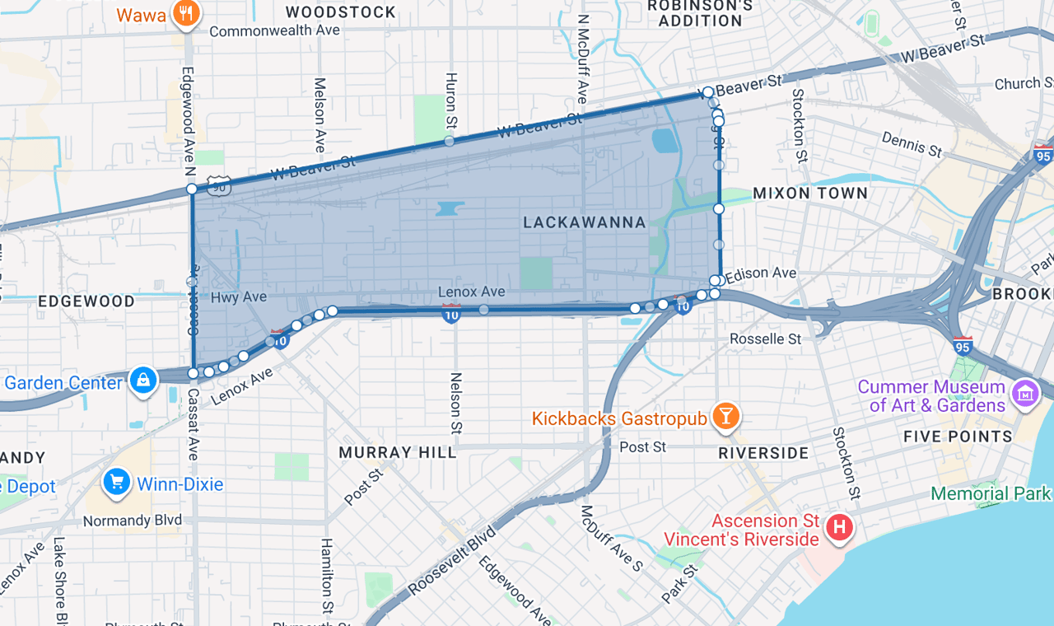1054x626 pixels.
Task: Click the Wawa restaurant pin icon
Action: tap(187, 14)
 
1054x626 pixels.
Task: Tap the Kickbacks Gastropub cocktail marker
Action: tap(725, 417)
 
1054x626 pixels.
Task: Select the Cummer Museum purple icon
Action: tap(1025, 394)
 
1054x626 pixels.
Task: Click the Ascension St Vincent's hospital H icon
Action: tap(838, 527)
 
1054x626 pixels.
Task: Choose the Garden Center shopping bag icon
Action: tap(143, 381)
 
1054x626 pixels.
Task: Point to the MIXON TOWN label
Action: tap(810, 194)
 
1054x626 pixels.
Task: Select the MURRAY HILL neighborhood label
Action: tap(398, 452)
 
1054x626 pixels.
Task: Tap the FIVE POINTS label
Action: tap(958, 437)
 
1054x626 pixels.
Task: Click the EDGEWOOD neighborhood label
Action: tap(86, 301)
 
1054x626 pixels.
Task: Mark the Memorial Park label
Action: tap(991, 493)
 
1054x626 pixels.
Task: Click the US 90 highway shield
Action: tap(220, 187)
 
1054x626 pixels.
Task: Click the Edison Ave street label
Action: tap(761, 273)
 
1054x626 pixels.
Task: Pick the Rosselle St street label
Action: tap(766, 339)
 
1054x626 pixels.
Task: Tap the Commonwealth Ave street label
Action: tap(274, 31)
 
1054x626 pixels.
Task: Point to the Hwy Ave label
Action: tap(238, 297)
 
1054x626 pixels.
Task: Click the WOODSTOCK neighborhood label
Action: tap(340, 12)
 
